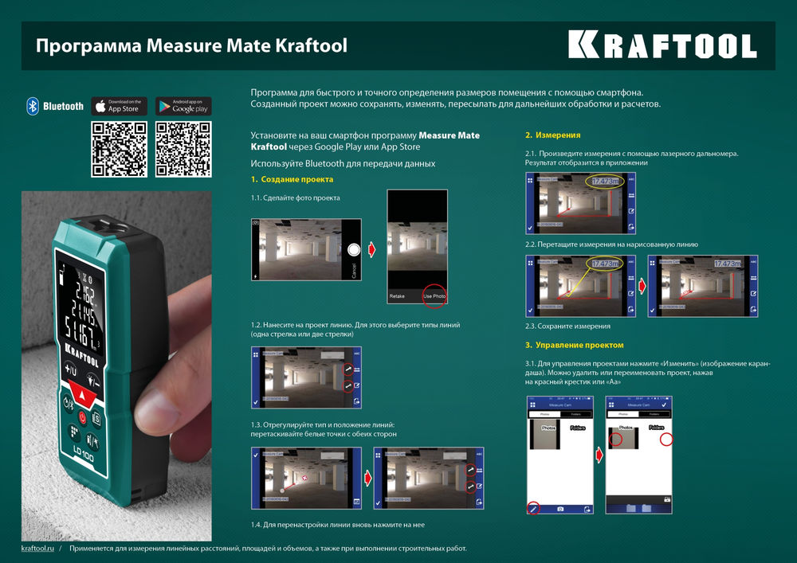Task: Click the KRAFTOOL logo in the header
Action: [662, 45]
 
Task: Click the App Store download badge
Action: [119, 106]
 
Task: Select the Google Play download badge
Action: [183, 106]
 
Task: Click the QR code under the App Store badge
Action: [119, 149]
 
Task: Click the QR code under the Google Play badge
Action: [183, 149]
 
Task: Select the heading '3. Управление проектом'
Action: [574, 345]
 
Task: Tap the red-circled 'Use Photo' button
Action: [434, 295]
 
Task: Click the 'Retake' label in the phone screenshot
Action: [397, 295]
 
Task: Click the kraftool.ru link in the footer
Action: [37, 549]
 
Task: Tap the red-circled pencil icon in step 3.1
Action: [533, 507]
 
